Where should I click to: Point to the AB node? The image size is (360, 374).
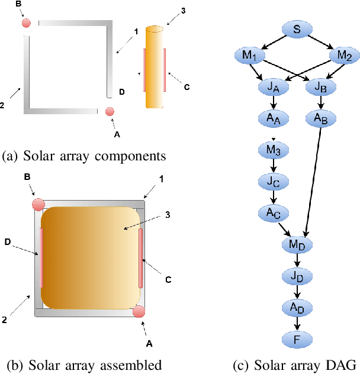click(321, 118)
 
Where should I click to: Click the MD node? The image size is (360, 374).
click(297, 244)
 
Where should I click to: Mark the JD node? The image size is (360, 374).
click(297, 275)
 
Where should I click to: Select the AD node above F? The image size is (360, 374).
click(297, 307)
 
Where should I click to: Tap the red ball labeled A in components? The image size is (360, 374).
click(110, 111)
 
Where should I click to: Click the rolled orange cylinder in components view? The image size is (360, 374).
click(154, 67)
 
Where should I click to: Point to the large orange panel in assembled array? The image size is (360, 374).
click(90, 254)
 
